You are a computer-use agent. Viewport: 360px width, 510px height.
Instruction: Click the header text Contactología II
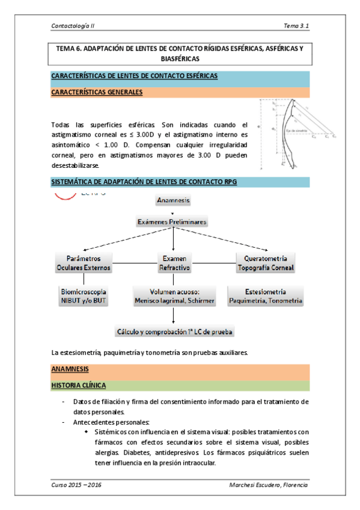tap(74, 26)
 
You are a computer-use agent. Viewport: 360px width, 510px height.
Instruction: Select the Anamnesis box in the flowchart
tap(173, 200)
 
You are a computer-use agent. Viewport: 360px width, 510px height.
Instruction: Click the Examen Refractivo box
tap(173, 263)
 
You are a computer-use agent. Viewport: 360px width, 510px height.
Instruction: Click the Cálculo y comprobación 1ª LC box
tap(174, 331)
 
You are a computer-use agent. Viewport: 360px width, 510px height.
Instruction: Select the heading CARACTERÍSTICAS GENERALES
tap(97, 93)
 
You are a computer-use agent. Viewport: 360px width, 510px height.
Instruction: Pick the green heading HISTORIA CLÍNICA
tap(80, 386)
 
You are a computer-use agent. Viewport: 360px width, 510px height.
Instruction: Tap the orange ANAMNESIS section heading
tap(70, 368)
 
